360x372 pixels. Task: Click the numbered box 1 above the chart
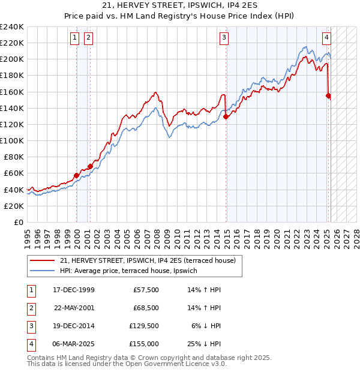pos(74,38)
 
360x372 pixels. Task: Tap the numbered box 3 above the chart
pos(224,38)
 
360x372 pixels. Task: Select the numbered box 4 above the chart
pos(326,38)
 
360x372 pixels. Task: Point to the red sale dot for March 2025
pos(328,95)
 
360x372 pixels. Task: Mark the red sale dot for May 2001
pos(90,166)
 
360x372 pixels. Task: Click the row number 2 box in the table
pos(31,308)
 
